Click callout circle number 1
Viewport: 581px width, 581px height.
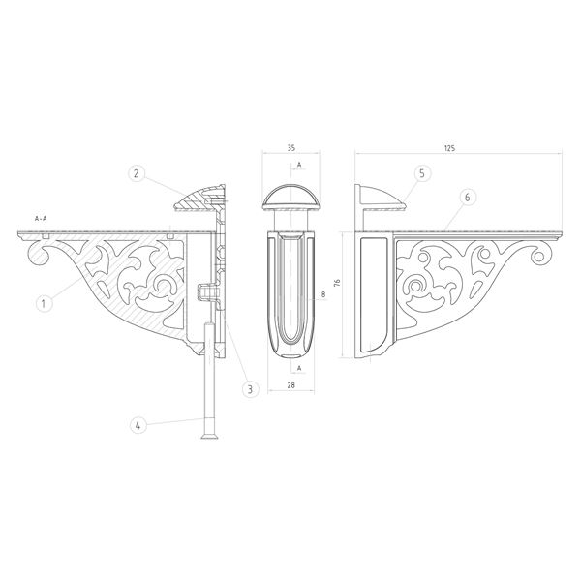[x=44, y=304]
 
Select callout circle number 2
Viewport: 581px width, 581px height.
[x=136, y=173]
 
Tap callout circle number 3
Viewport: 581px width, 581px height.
[x=250, y=389]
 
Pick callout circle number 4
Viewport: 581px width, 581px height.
[x=138, y=425]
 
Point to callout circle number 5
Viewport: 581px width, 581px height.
[x=423, y=173]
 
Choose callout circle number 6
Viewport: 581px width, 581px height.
[x=468, y=198]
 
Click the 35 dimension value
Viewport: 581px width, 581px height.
[x=291, y=148]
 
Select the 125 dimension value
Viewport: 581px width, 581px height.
[x=449, y=148]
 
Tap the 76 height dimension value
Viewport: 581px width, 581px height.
[x=337, y=283]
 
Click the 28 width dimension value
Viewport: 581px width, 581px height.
[x=291, y=385]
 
